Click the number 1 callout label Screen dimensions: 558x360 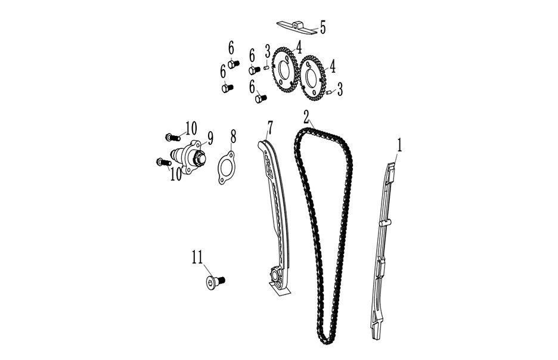399,145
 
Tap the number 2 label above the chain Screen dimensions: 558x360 306,117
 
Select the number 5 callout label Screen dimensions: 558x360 323,27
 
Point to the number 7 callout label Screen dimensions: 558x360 270,128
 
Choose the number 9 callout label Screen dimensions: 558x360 210,138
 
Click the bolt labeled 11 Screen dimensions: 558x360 215,282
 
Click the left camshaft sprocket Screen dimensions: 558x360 285,70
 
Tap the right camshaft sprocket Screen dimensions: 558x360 313,78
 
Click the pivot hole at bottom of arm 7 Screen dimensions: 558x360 275,276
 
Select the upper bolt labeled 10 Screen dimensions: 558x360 171,136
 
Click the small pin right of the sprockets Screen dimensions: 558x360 329,92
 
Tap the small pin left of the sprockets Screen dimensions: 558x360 266,67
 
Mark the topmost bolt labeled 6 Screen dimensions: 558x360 233,64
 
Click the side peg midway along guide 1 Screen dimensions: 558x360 385,224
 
